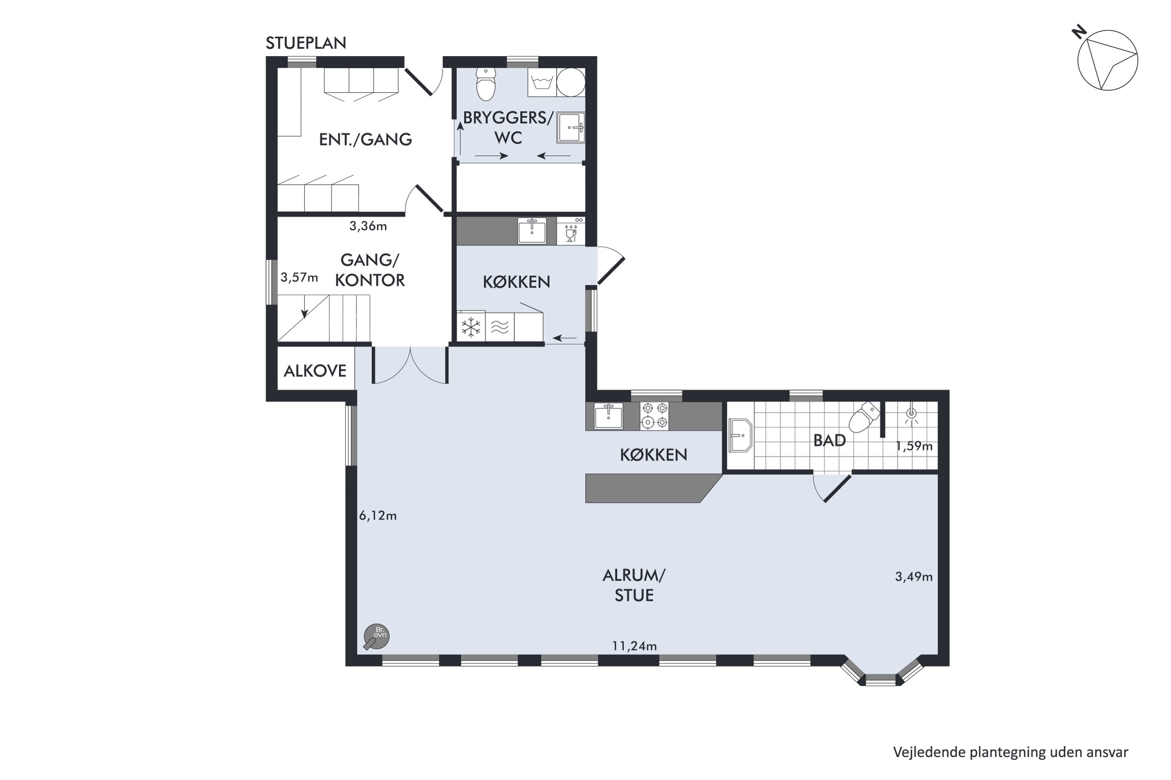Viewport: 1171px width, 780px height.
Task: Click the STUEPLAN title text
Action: coord(306,43)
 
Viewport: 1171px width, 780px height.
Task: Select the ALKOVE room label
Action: coord(315,371)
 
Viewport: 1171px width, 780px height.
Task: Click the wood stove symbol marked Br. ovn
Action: coord(376,636)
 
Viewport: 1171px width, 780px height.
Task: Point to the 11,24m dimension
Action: coord(634,646)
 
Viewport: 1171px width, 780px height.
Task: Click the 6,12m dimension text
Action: coord(378,516)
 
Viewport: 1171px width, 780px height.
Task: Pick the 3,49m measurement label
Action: coord(914,577)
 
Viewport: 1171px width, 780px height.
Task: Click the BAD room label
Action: coord(829,440)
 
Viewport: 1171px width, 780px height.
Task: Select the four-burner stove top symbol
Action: coord(655,416)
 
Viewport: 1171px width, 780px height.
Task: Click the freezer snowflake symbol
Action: coord(471,327)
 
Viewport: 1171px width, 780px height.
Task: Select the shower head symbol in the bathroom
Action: coord(911,414)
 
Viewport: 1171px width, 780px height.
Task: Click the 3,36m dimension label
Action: coord(368,226)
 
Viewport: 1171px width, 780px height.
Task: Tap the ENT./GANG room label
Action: coord(365,139)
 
